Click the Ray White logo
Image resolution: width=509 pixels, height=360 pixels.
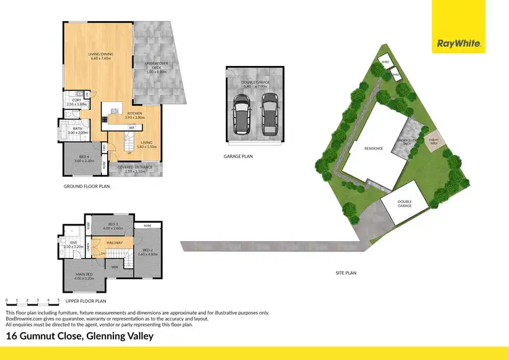pos(459,43)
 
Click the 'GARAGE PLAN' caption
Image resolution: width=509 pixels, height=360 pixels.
pos(238,156)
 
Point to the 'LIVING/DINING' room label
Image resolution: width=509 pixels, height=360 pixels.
pos(100,55)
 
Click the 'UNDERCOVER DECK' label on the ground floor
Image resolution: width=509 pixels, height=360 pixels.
pos(157,65)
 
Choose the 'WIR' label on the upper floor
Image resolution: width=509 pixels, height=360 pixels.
pos(115,267)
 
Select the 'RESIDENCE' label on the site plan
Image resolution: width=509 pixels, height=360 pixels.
pos(374,148)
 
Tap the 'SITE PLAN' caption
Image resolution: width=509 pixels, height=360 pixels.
pos(346,273)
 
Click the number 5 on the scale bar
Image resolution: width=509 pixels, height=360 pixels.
pos(59,300)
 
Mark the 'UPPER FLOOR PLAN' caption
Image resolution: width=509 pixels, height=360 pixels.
pos(87,300)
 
